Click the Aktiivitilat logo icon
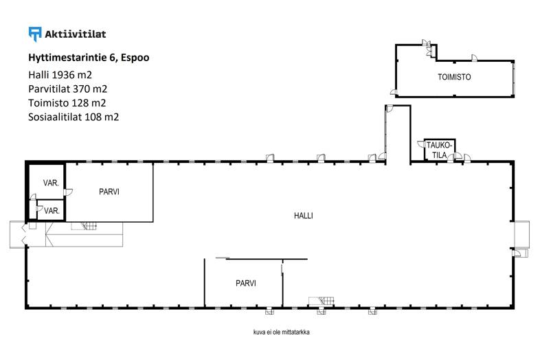pos(35,34)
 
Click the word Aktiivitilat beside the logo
pos(76,34)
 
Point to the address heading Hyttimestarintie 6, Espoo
pos(89,58)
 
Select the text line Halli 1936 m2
pos(60,75)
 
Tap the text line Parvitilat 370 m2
pos(67,89)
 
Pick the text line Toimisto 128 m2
pos(67,103)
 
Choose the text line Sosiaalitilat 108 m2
pos(74,117)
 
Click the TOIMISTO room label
pos(454,77)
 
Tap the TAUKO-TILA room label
pos(439,150)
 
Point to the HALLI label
pos(304,216)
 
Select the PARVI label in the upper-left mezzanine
pos(109,192)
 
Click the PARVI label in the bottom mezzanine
pos(246,284)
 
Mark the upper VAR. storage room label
pos(51,183)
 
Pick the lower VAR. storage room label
pos(52,211)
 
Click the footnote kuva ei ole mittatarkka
pos(282,333)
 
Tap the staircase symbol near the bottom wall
pos(322,301)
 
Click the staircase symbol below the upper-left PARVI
pos(84,226)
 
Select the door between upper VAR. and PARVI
pos(68,192)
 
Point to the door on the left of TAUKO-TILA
pos(421,144)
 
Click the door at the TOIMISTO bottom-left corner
pos(394,92)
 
